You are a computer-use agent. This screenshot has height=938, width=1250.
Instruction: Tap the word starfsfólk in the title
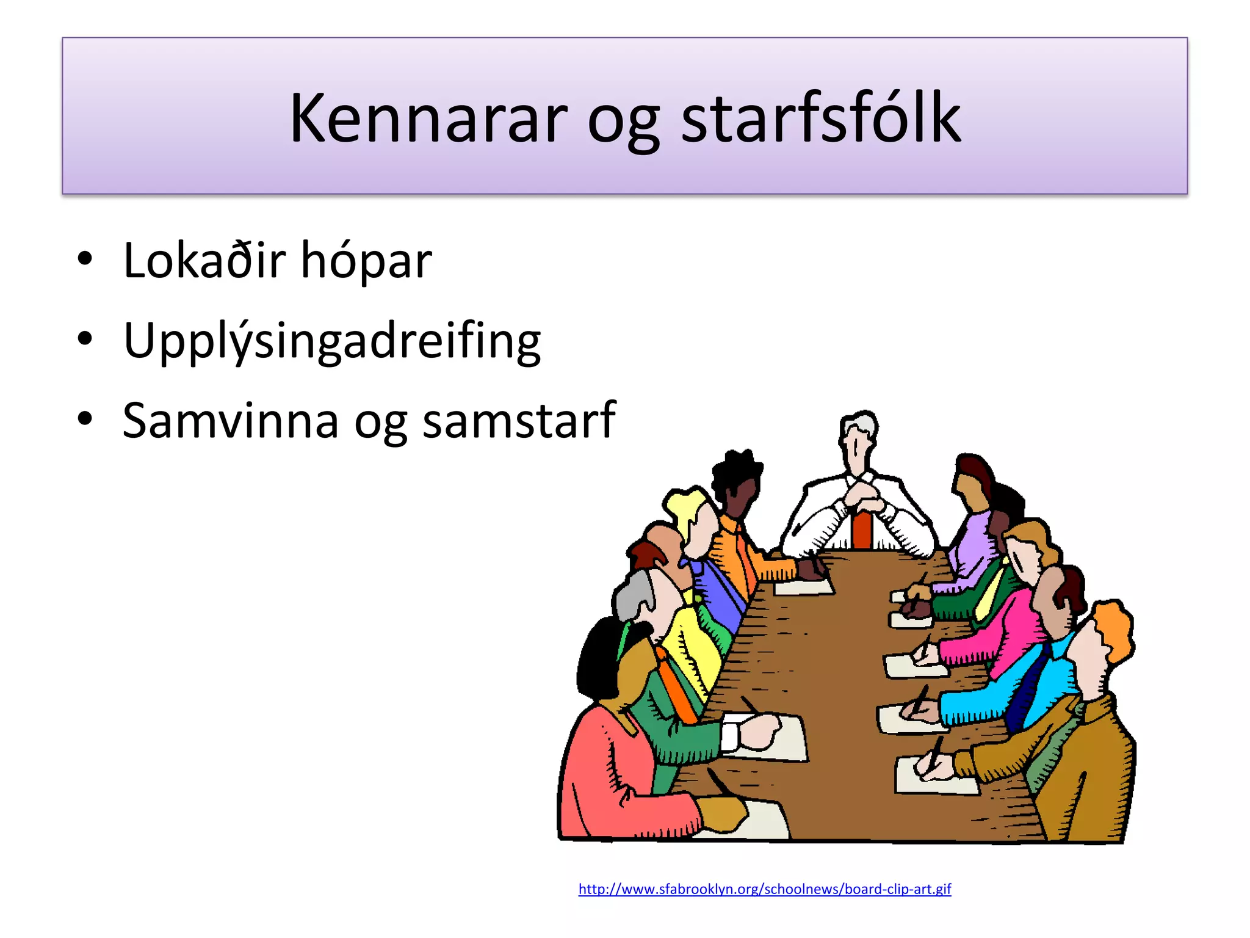click(x=820, y=118)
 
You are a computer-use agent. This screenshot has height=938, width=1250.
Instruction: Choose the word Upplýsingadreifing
click(x=331, y=341)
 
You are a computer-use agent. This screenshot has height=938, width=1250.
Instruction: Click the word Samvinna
click(x=230, y=421)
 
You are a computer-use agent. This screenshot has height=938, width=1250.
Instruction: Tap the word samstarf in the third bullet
click(x=519, y=421)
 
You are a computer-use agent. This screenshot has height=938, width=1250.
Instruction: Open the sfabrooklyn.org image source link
click(x=764, y=889)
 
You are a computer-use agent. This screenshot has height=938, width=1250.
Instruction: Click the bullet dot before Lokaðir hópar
click(x=85, y=259)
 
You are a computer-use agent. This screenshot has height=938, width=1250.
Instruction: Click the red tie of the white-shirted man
click(x=862, y=529)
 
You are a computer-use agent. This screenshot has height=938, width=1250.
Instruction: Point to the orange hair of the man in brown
click(x=1114, y=629)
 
